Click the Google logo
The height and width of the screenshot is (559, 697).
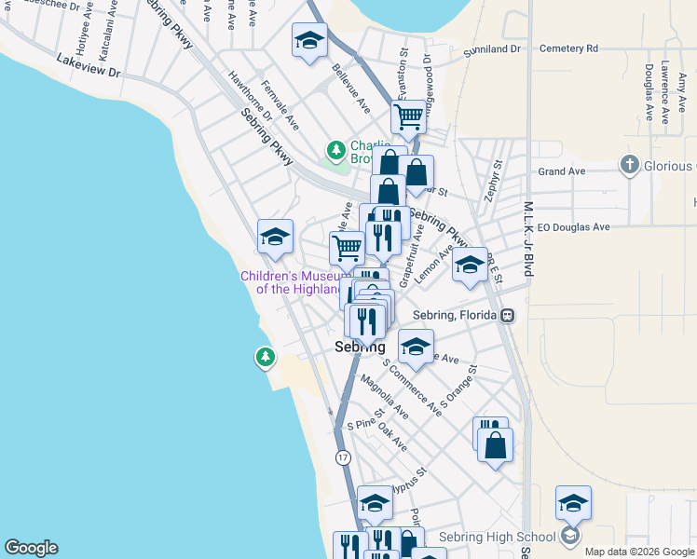point(31,548)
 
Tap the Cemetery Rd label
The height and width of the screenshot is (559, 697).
point(567,48)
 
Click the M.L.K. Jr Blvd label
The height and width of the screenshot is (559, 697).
point(527,239)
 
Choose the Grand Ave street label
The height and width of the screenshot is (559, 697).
point(562,171)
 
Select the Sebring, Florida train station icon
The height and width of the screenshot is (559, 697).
point(507,315)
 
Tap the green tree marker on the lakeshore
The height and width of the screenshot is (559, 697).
point(266,357)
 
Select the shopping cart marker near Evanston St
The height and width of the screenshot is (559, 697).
point(408,117)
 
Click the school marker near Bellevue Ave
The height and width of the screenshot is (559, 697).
point(309,41)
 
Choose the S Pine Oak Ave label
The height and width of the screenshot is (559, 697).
point(376,432)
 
